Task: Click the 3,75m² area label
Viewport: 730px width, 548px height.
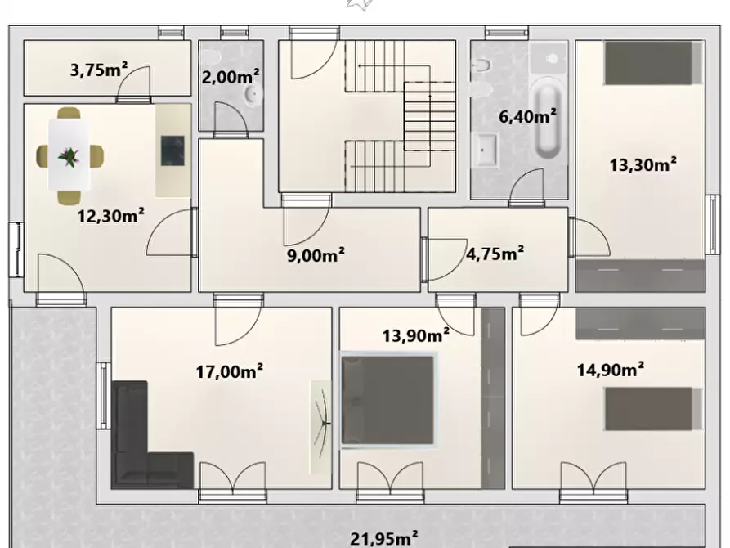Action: [x=98, y=70]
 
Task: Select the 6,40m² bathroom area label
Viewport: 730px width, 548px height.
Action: [x=527, y=116]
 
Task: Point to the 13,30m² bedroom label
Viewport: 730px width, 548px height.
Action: [x=643, y=164]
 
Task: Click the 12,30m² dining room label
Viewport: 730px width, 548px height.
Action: [x=111, y=216]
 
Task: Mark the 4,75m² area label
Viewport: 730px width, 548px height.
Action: [x=495, y=254]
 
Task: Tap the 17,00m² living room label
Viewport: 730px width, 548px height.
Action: [x=229, y=371]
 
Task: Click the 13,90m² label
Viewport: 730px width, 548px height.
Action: [x=416, y=335]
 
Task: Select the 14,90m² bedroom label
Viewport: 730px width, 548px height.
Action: [x=611, y=370]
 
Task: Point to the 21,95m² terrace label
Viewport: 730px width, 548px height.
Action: [x=385, y=538]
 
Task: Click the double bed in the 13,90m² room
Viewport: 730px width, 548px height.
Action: [x=387, y=400]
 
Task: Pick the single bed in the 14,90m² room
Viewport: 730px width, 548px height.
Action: [x=653, y=409]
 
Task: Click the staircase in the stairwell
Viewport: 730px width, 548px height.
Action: [x=401, y=115]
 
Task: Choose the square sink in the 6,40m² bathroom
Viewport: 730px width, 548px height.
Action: [x=486, y=150]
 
